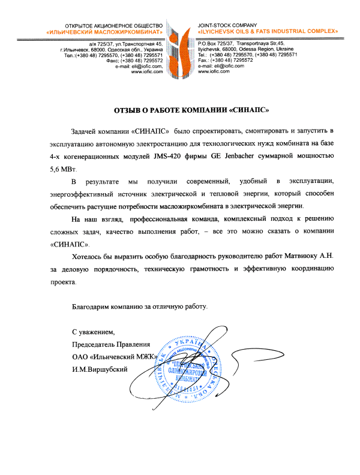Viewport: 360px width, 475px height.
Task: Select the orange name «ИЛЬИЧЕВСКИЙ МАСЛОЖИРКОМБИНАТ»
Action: (106, 30)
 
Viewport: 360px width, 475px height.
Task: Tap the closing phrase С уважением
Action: (92, 332)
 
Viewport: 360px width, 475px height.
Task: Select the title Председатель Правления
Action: (110, 344)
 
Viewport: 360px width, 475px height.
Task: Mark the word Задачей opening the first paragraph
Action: (86, 131)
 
